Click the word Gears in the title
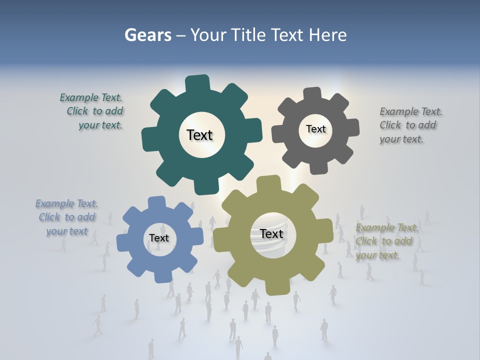pyautogui.click(x=147, y=35)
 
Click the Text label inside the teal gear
pyautogui.click(x=199, y=135)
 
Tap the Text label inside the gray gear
pyautogui.click(x=315, y=129)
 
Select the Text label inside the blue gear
pyautogui.click(x=159, y=238)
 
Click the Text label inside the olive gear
pyautogui.click(x=271, y=233)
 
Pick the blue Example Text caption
pyautogui.click(x=67, y=217)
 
